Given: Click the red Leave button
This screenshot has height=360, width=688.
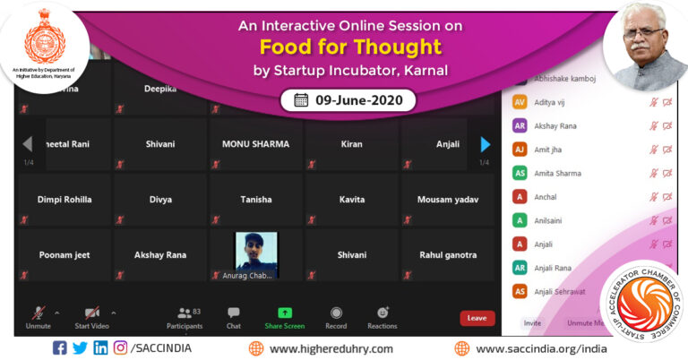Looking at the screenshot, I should click(477, 318).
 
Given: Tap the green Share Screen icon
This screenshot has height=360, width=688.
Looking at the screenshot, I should click(284, 313).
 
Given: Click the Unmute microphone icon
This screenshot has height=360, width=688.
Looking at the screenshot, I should click(38, 313).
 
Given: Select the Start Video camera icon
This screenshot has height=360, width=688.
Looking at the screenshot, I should click(91, 313).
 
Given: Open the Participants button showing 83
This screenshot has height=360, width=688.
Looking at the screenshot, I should click(185, 313).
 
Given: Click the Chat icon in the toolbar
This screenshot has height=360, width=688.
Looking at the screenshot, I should click(233, 313).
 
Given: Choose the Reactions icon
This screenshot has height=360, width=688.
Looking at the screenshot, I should click(383, 313).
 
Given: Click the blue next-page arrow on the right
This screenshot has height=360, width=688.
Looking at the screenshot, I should click(485, 144).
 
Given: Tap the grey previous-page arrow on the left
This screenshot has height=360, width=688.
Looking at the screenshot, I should click(28, 144).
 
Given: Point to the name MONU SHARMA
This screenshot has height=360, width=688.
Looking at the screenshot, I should click(256, 144).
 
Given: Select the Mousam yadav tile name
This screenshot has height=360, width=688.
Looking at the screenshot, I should click(447, 200).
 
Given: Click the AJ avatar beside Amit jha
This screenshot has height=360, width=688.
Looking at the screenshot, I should click(519, 150).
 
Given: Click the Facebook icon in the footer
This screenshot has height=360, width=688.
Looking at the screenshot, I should click(59, 348).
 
